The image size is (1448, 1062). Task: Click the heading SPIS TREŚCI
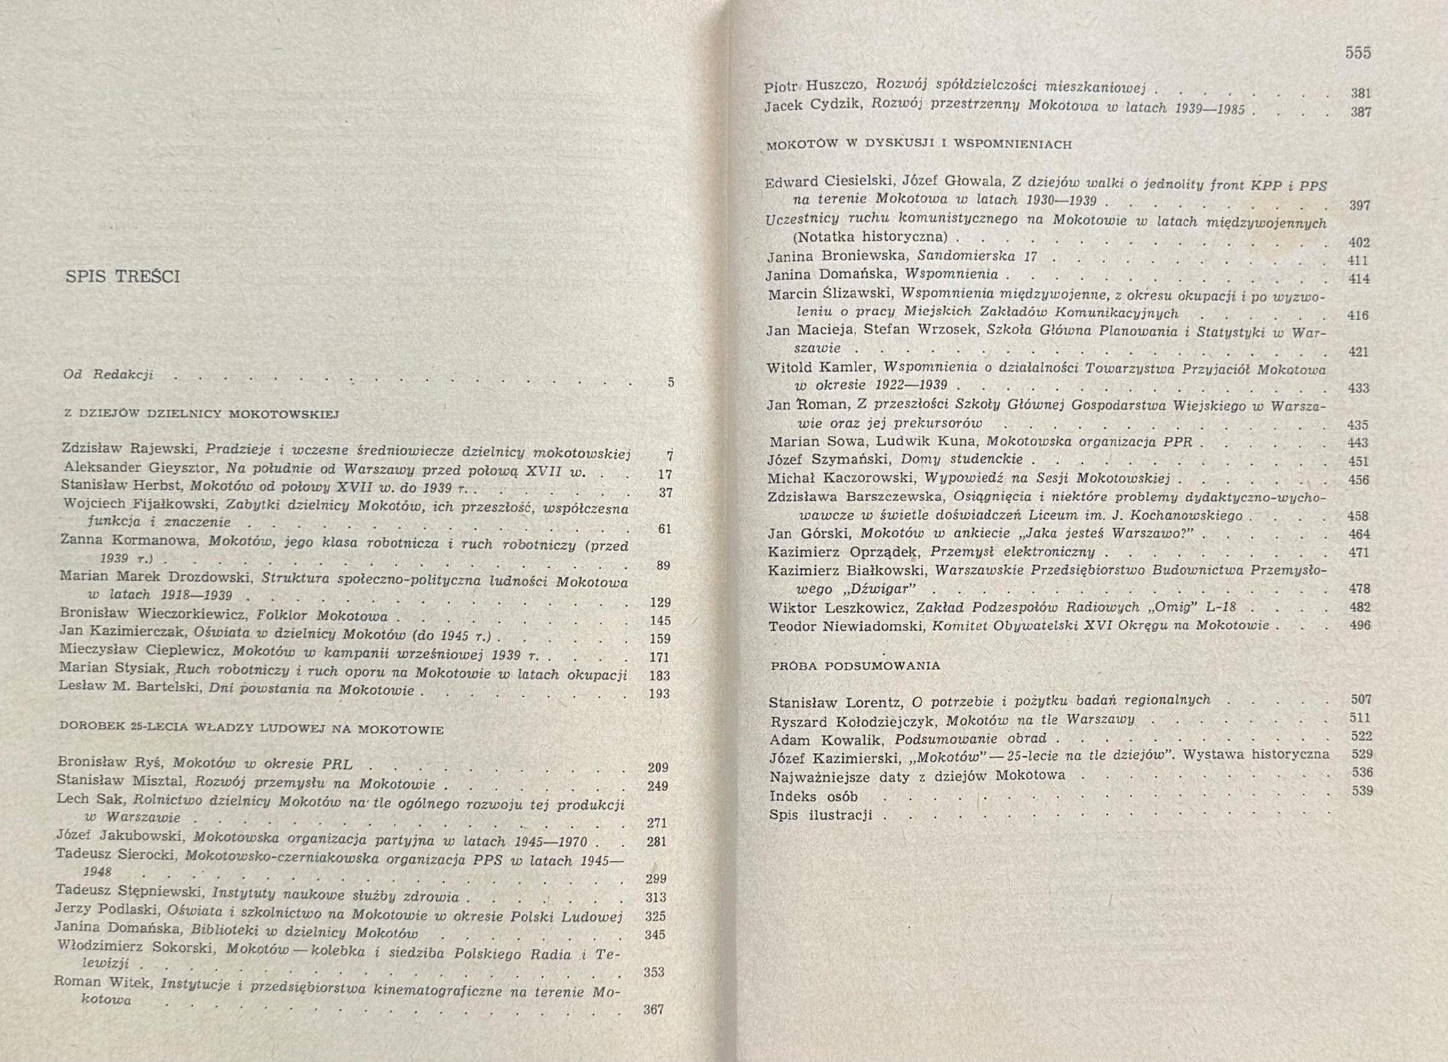[x=123, y=277]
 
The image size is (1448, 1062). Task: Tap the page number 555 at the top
[x=1358, y=53]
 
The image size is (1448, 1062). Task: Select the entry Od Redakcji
[x=109, y=374]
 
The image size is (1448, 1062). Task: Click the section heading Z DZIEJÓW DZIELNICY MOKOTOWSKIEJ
[x=202, y=414]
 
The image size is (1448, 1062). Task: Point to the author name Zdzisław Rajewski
[x=131, y=449]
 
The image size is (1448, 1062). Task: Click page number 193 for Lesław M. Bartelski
[x=659, y=694]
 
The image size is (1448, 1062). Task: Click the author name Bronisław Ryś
[x=113, y=762]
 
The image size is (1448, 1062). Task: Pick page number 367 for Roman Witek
[x=653, y=1010]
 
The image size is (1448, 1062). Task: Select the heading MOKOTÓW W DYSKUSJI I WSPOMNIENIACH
[x=919, y=144]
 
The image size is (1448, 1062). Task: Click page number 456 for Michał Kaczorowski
[x=1359, y=480]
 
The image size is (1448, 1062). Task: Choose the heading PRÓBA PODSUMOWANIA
[x=856, y=665]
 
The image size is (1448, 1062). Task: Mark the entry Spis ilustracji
[x=821, y=815]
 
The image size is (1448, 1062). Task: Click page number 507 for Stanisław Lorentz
[x=1361, y=700]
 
